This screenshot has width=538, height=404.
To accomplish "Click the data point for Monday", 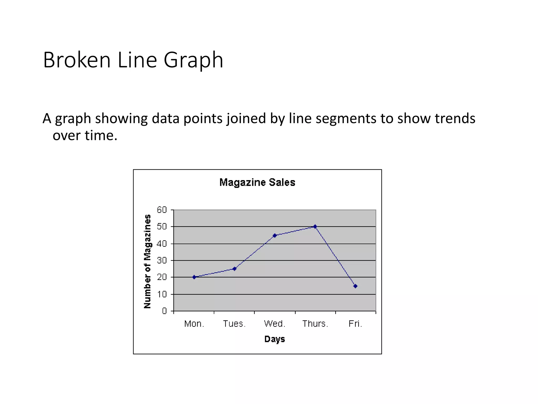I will (194, 277).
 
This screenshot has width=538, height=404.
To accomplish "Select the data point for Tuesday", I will (235, 269).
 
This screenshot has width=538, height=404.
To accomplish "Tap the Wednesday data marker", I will (275, 235).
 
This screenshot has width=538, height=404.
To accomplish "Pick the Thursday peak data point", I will (315, 226).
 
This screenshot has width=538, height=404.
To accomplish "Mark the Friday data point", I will (355, 286).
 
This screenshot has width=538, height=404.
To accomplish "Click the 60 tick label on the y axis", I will (162, 210).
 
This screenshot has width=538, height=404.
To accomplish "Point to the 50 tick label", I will (162, 226).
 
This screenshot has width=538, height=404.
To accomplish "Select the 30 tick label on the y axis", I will (162, 260).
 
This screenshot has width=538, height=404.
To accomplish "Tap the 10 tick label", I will (162, 294).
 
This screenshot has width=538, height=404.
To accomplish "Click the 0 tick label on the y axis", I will (164, 311).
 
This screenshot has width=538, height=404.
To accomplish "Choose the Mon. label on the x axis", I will (194, 324).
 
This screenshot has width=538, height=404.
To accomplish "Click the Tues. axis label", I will (234, 324).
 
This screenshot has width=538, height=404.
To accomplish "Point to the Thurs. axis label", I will (315, 324).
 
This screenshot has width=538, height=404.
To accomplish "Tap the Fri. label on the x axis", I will (355, 324).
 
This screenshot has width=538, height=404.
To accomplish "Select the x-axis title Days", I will (275, 339).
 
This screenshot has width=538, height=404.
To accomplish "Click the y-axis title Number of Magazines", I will (148, 261).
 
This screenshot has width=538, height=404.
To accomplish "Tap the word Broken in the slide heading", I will (77, 60).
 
